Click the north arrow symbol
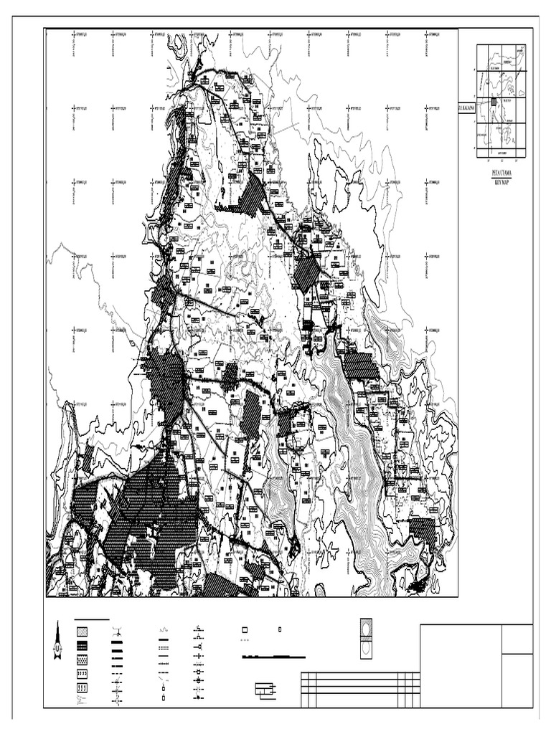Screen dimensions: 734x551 point(57,641)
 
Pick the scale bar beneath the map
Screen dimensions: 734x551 point(273,657)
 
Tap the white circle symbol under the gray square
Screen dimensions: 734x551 point(366,647)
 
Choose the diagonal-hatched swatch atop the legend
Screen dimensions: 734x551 point(83,631)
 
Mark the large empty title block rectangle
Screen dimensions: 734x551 point(461,666)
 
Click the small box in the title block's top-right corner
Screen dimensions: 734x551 point(517,639)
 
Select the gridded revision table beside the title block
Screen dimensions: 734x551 point(360,689)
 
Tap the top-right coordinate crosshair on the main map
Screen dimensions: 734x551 point(427,34)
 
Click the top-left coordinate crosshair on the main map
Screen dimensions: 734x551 point(73,34)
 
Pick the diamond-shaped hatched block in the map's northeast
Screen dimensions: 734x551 point(307,273)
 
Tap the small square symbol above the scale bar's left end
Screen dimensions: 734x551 point(244,629)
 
